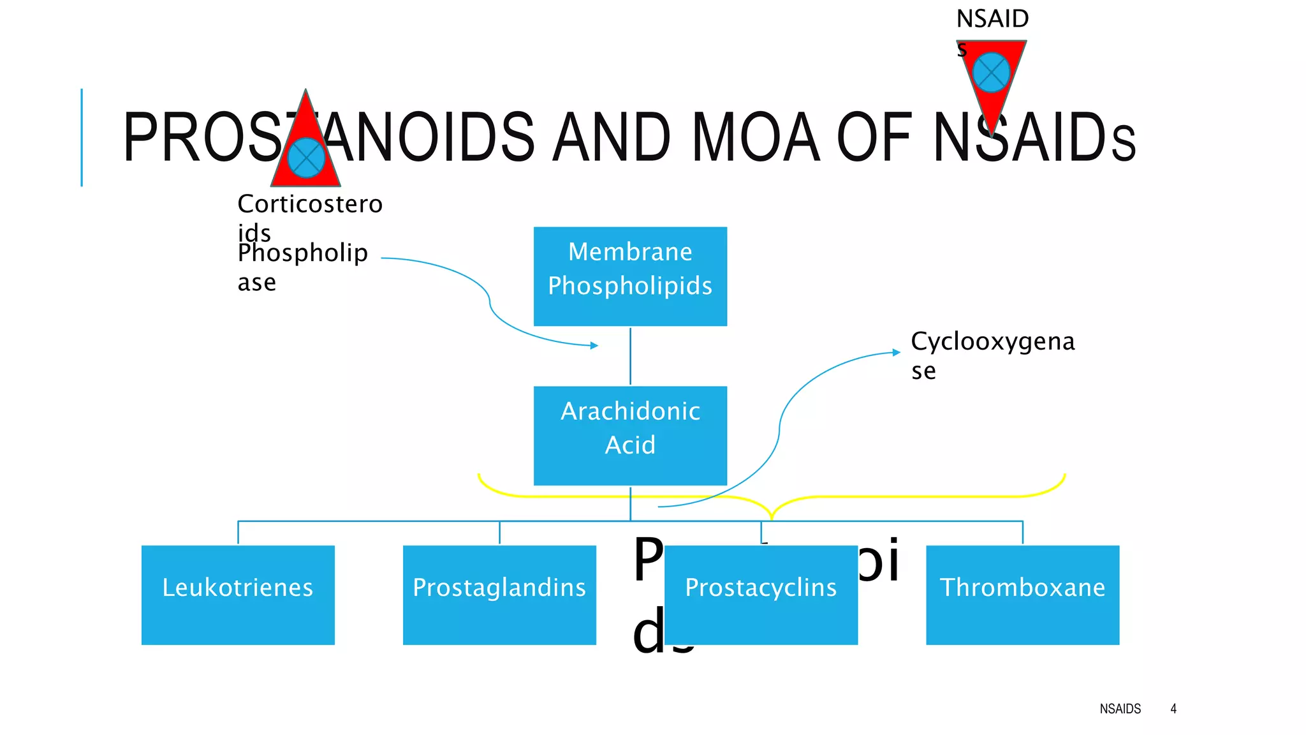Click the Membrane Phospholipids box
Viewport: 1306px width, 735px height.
click(x=630, y=276)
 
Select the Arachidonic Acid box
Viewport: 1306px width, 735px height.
click(x=630, y=435)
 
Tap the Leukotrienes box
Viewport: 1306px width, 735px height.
click(x=238, y=595)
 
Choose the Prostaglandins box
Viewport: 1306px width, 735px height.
click(x=499, y=595)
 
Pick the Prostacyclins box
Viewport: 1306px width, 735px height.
click(x=761, y=595)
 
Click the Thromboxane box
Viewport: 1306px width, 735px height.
click(x=1022, y=595)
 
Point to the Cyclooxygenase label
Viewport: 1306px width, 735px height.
click(x=992, y=355)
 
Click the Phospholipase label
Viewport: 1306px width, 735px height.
click(x=302, y=267)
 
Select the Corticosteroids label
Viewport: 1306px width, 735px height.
click(x=309, y=217)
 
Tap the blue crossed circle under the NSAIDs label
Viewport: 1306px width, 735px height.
click(x=991, y=73)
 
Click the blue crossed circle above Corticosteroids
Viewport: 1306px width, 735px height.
click(x=306, y=158)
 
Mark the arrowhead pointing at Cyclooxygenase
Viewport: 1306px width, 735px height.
click(x=897, y=352)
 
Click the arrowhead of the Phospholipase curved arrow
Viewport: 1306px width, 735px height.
click(x=594, y=346)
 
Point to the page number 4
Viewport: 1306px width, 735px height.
click(x=1173, y=709)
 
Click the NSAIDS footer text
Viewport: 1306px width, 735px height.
click(x=1120, y=709)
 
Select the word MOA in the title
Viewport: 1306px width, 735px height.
click(x=755, y=138)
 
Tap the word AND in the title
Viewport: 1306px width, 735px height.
click(x=611, y=138)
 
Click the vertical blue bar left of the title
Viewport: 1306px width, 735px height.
click(x=82, y=137)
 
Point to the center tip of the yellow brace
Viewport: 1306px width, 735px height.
click(x=772, y=516)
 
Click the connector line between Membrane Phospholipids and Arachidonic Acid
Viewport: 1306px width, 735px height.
click(x=630, y=356)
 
